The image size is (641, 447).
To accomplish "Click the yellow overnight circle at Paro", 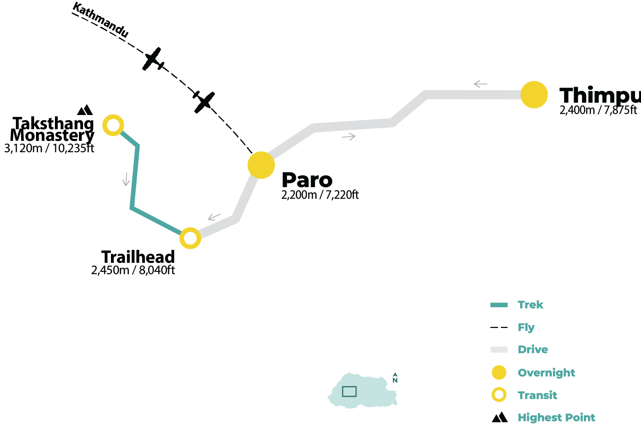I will tap(261, 165).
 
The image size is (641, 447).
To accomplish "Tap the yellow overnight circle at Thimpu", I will tap(534, 95).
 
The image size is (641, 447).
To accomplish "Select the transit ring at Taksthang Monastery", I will tap(113, 125).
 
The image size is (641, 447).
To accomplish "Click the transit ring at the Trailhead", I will tap(190, 238).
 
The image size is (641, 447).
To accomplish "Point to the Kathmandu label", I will tap(100, 20).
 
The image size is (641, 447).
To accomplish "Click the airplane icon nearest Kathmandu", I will tap(153, 59).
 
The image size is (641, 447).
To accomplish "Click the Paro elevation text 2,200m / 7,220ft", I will tap(320, 195).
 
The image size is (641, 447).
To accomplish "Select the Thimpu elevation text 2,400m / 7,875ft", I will tap(598, 110).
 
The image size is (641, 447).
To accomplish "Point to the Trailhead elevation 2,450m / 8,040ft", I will tap(133, 270).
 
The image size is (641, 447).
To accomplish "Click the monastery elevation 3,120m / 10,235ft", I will tap(49, 149).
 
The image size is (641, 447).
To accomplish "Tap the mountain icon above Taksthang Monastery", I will tap(85, 110).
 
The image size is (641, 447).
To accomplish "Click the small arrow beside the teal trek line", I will tap(126, 179).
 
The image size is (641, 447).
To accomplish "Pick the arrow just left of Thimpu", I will tap(480, 84).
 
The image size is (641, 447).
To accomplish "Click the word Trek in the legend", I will tap(530, 305).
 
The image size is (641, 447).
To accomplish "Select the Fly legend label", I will tap(526, 327).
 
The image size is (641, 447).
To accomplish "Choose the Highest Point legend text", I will tap(556, 418).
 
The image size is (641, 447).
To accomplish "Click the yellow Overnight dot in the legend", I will tap(499, 373).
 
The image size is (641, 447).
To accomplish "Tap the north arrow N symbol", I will tap(395, 378).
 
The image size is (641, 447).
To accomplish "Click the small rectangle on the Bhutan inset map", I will tap(349, 391).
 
